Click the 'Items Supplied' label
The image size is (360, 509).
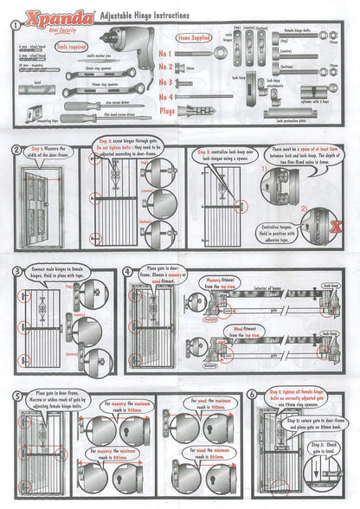click(x=196, y=39)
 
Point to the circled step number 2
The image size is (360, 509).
click(x=16, y=149)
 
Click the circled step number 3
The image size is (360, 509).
click(x=16, y=272)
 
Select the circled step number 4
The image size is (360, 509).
click(x=128, y=272)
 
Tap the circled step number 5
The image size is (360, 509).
click(x=16, y=396)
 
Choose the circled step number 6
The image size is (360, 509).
click(x=251, y=394)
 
